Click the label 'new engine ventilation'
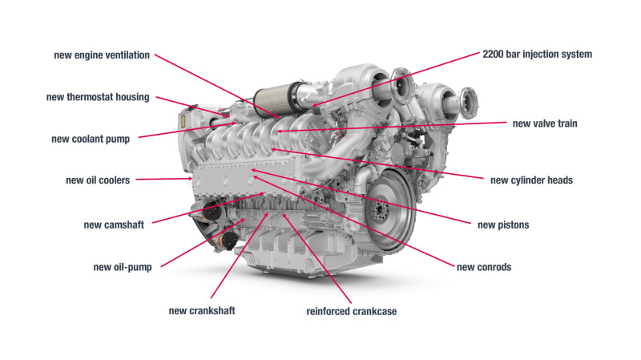(x=101, y=55)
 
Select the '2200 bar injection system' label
(x=538, y=55)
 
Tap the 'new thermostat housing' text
(x=97, y=98)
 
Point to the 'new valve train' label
(x=545, y=123)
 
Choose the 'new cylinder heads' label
(x=531, y=180)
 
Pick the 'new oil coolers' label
(x=98, y=180)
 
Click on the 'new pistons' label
(x=503, y=224)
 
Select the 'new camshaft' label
(x=114, y=224)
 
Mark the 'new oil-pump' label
(x=123, y=267)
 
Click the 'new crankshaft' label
(x=202, y=310)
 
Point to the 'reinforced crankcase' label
(x=352, y=310)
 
